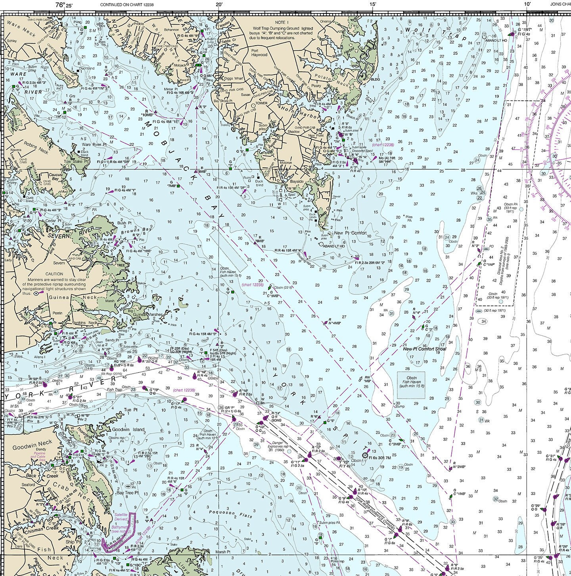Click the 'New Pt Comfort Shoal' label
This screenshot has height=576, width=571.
point(424,349)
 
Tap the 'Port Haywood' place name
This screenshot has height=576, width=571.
point(260,53)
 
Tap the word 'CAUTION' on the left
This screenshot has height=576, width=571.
point(54,274)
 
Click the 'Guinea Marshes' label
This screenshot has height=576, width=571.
point(147,315)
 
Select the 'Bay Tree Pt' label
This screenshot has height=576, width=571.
point(127,493)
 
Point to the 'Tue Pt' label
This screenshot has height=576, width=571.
point(130,410)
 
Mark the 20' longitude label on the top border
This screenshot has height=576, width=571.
point(219,5)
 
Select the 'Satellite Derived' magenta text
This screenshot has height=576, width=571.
point(121,517)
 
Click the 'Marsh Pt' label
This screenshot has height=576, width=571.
point(223,552)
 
